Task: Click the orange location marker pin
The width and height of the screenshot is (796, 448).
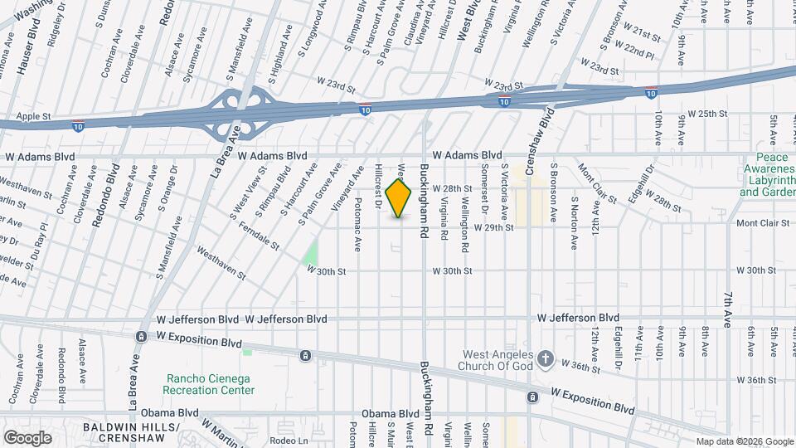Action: click(399, 197)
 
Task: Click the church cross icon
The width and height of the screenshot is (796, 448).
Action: click(545, 359)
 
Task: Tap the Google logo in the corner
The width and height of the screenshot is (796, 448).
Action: click(27, 437)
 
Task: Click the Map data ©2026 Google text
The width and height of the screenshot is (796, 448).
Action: click(744, 441)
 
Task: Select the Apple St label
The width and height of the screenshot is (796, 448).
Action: click(34, 116)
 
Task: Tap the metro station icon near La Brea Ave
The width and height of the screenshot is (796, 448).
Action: click(142, 337)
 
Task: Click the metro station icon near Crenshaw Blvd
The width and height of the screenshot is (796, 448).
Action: click(531, 397)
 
